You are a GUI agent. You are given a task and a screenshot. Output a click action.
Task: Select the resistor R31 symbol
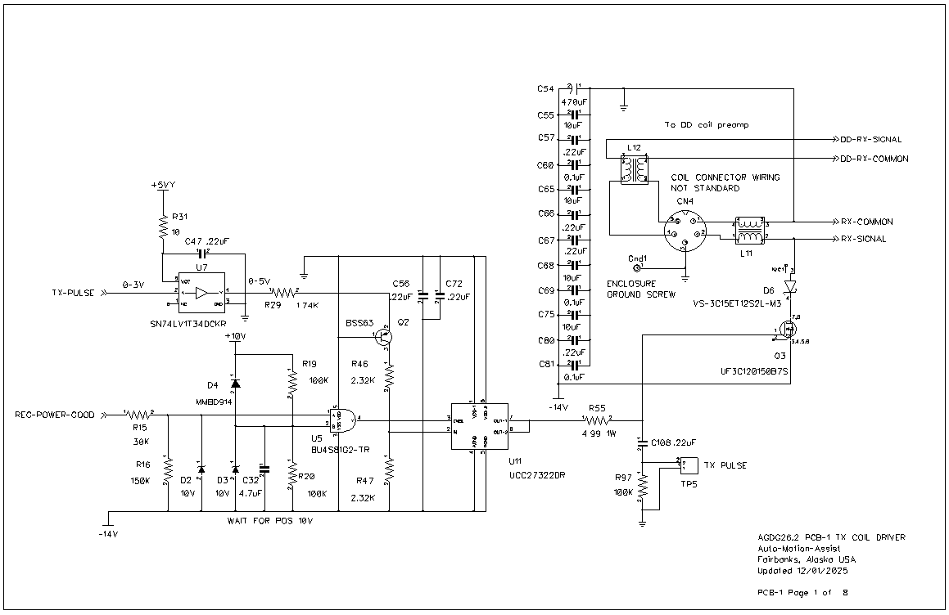tap(163, 226)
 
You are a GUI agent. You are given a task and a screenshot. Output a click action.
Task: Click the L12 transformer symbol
tap(634, 169)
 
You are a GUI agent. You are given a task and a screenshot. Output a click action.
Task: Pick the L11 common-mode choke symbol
tap(749, 230)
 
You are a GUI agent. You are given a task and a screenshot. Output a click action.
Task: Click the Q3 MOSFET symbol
tap(789, 330)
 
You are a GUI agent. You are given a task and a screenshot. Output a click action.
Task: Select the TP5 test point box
tap(689, 465)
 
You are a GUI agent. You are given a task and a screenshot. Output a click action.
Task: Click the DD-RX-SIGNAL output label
tap(872, 140)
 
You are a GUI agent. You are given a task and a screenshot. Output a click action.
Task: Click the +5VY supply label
tap(163, 186)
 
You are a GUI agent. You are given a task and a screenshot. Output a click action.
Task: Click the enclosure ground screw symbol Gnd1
tap(638, 267)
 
